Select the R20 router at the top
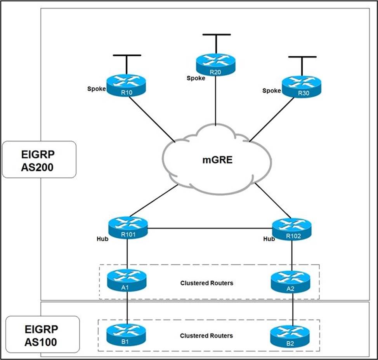215,65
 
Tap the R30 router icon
302,87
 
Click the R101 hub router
128,228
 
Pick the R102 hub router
292,230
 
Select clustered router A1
127,280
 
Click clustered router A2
291,282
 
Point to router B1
126,335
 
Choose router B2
290,337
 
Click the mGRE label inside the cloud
217,160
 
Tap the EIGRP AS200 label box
39,160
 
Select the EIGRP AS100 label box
43,334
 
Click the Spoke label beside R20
196,78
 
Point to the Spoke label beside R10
96,89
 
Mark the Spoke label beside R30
272,91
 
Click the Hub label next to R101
102,239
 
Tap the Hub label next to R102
269,239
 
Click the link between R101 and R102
210,228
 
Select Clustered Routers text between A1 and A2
207,283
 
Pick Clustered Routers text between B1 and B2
206,336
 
